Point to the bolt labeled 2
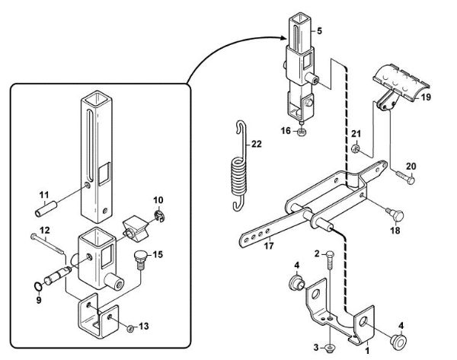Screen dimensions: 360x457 coord(328,267)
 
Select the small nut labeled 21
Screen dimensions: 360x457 coord(356,148)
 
